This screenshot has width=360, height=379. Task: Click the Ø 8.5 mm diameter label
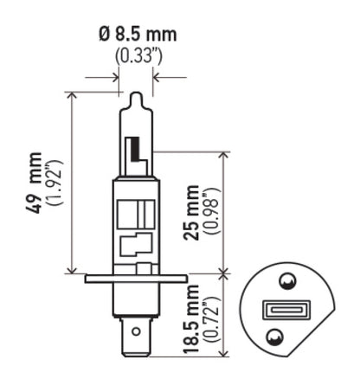pyautogui.click(x=136, y=35)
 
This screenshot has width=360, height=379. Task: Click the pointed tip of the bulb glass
pyautogui.click(x=136, y=94)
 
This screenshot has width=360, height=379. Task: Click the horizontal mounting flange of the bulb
pyautogui.click(x=136, y=279)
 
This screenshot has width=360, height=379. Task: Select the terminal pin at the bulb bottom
pyautogui.click(x=136, y=334)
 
